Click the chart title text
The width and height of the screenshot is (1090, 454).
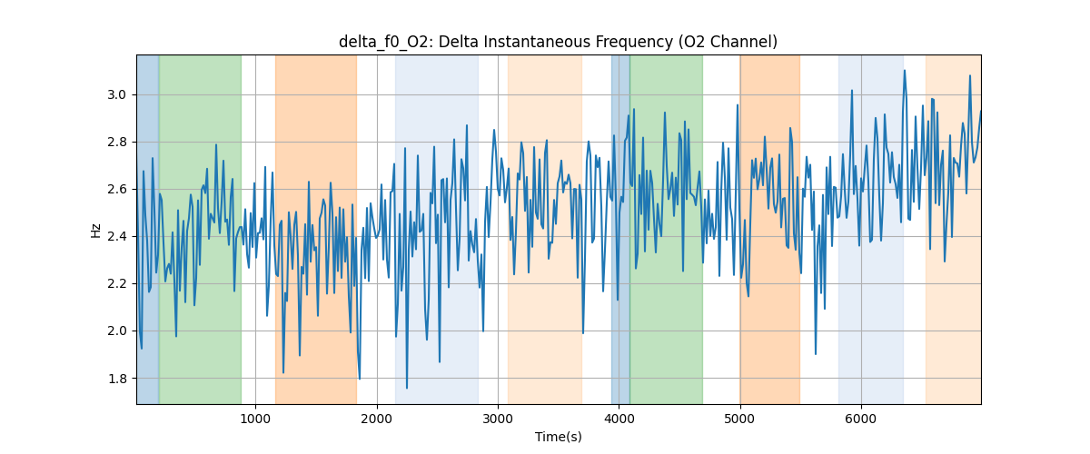point(558,42)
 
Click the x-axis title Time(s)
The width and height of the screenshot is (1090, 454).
point(558,437)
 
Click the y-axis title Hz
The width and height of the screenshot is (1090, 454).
point(96,230)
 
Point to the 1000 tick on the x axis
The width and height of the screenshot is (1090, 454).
point(255,418)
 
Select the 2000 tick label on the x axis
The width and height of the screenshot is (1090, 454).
point(377,418)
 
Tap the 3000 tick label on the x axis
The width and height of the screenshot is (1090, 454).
point(498,418)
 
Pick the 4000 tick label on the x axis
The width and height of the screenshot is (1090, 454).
point(619,418)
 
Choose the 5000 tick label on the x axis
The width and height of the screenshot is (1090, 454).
point(740,418)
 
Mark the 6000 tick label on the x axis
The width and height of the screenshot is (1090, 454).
point(861,418)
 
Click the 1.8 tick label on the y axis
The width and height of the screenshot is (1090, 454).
point(117,379)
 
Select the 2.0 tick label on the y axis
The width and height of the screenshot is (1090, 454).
point(117,331)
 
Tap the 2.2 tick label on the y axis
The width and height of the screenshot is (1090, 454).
point(117,284)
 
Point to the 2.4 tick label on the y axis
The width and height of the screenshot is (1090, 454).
point(117,237)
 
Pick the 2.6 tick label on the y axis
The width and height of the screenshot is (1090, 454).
point(117,190)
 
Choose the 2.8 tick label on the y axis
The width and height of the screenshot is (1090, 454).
point(117,143)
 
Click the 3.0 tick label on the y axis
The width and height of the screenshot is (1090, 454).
point(117,95)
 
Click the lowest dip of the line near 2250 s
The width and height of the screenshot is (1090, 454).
point(406,388)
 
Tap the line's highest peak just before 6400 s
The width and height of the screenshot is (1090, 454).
point(905,71)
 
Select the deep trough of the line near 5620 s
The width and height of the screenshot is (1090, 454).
point(816,353)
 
